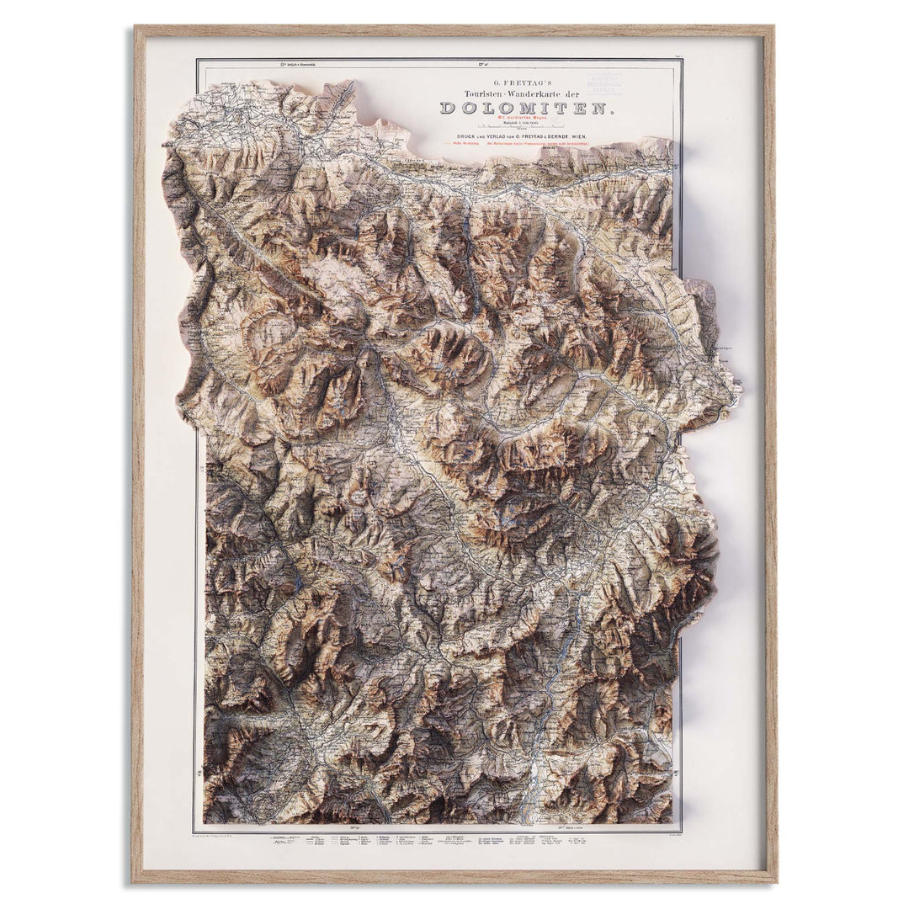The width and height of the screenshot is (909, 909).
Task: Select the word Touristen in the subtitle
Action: [x=476, y=93]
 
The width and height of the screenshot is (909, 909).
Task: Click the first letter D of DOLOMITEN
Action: [x=447, y=108]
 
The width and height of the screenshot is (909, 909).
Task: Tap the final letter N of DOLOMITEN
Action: [x=601, y=108]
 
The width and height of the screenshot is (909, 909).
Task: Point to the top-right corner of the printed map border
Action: [x=681, y=59]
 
